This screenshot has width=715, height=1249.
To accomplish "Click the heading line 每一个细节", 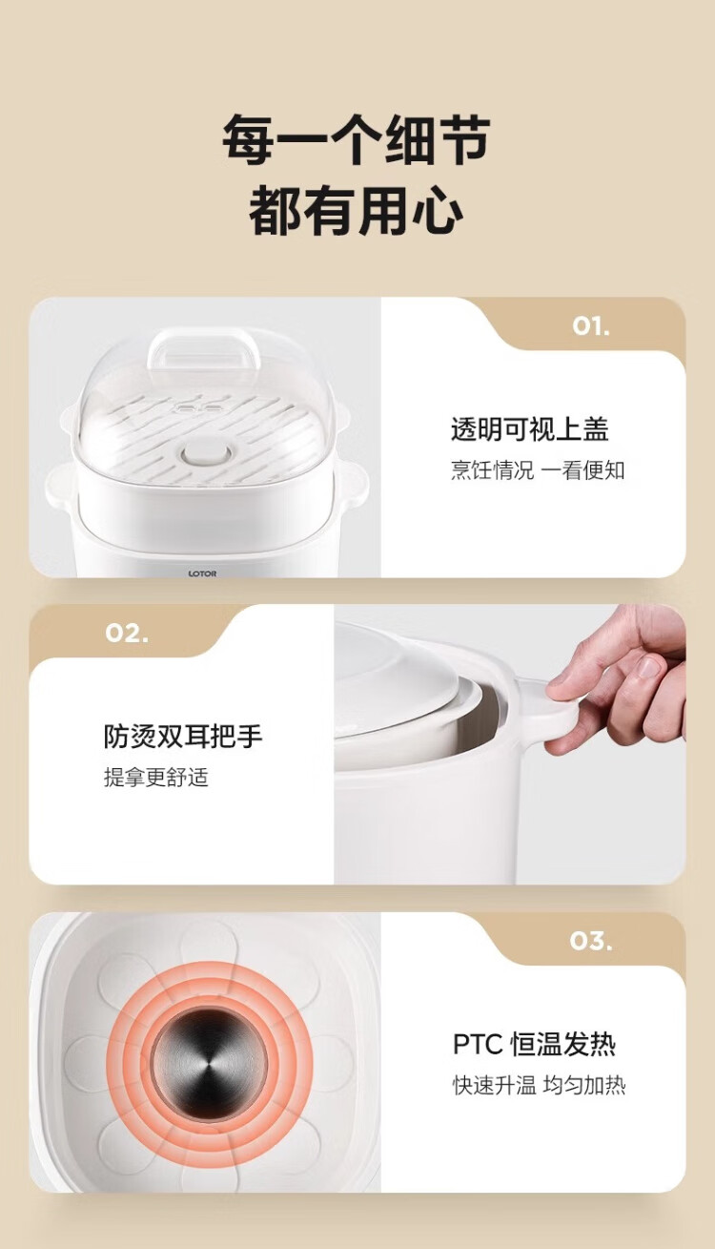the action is click(x=357, y=139).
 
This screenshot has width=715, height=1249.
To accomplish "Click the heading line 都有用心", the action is click(x=357, y=210).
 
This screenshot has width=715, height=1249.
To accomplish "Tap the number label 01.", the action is click(x=591, y=327).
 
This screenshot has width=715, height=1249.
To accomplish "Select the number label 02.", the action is click(x=127, y=634).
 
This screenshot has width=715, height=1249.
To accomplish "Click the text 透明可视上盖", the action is click(x=529, y=429).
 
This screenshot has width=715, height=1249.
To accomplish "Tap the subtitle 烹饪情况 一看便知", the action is click(x=538, y=470).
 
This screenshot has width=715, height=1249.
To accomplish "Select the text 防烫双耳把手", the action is click(x=183, y=736).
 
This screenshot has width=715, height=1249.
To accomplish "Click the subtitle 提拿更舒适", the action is click(x=156, y=777).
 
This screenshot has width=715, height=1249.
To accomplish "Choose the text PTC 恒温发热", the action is click(x=534, y=1044).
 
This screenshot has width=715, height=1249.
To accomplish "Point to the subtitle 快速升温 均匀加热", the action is click(x=539, y=1085).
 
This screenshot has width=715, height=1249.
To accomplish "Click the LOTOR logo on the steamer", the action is click(x=202, y=573).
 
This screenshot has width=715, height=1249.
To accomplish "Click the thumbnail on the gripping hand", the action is click(x=649, y=666).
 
